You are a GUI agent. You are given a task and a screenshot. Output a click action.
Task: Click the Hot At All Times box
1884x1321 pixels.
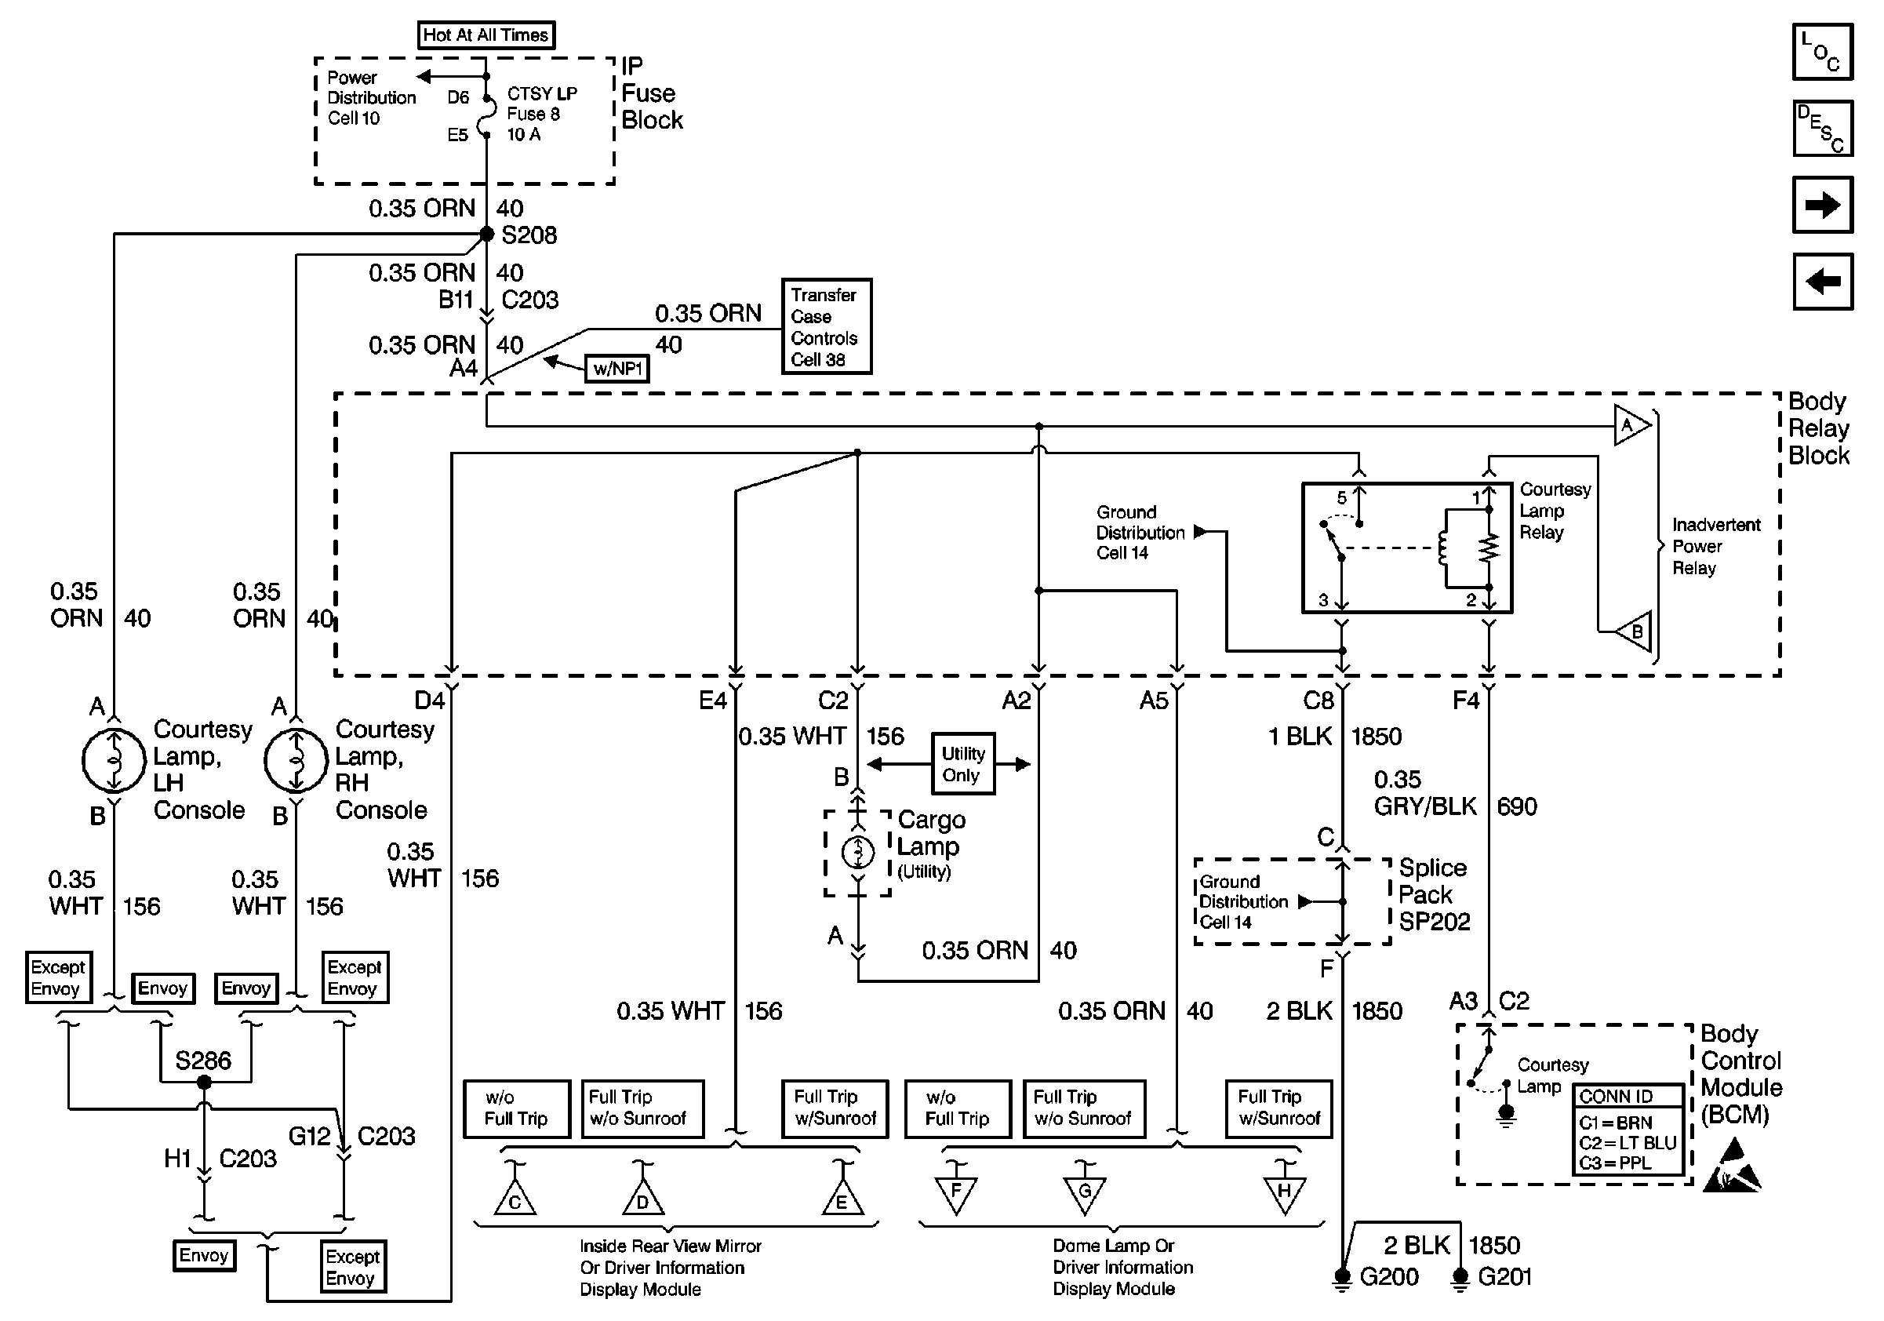point(486,35)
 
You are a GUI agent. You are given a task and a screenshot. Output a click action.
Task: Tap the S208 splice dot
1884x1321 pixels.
point(486,235)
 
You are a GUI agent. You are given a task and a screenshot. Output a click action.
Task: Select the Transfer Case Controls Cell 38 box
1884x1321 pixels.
point(826,326)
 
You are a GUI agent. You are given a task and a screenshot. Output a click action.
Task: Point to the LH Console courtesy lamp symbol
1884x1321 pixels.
point(114,761)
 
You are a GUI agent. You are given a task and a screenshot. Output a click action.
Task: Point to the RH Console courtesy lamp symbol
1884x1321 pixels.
point(296,761)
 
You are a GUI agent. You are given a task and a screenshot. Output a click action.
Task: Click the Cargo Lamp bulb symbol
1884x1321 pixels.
point(858,853)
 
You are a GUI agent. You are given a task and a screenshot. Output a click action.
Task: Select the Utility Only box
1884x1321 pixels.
point(963,764)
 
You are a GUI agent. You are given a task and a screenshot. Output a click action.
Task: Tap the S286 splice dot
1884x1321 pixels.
point(204,1083)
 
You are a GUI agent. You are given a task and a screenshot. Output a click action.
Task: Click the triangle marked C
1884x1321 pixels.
point(515,1199)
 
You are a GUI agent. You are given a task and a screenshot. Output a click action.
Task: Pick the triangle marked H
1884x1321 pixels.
point(1284,1195)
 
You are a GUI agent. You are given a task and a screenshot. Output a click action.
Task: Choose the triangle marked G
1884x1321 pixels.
point(1085,1195)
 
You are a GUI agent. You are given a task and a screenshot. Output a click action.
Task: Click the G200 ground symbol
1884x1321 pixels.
point(1343,1279)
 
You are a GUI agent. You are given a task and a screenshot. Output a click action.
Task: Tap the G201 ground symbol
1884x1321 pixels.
point(1460,1279)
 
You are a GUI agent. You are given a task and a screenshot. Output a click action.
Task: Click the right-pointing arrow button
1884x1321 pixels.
point(1824,204)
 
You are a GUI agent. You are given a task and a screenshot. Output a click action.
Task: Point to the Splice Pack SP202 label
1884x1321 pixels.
point(1435,894)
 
